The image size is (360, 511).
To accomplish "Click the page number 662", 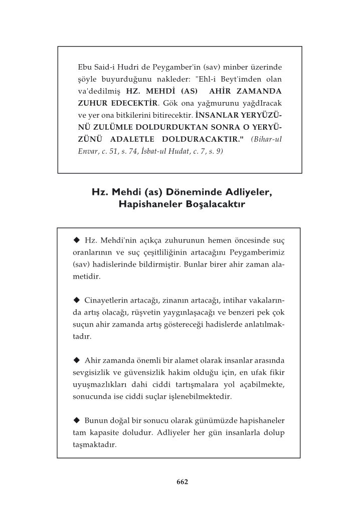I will (x=182, y=482).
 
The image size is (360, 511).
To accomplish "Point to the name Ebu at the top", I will (x=86, y=67).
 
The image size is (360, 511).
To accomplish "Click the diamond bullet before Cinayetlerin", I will (x=77, y=300).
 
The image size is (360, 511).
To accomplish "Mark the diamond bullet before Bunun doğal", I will (x=77, y=419).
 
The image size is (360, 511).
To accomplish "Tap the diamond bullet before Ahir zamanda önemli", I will (x=77, y=359).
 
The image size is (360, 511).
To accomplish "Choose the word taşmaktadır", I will (x=95, y=444).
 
